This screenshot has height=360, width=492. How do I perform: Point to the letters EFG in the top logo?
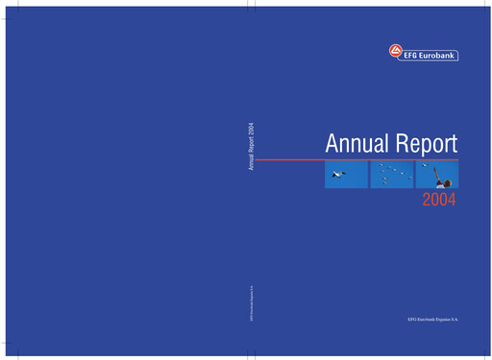(x=408, y=54)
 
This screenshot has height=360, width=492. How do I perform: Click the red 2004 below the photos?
(x=439, y=201)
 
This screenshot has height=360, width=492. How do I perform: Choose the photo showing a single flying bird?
(x=346, y=175)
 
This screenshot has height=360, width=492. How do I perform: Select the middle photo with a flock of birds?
(x=391, y=175)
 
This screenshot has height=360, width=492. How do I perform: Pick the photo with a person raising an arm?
(x=437, y=175)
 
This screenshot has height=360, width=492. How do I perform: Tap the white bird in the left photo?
(x=337, y=175)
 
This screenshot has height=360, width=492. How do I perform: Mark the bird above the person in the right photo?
(x=425, y=166)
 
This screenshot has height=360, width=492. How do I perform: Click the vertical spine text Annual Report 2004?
(x=251, y=148)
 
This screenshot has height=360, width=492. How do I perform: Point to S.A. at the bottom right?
(x=455, y=317)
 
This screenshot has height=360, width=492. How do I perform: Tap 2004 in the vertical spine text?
(x=251, y=131)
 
